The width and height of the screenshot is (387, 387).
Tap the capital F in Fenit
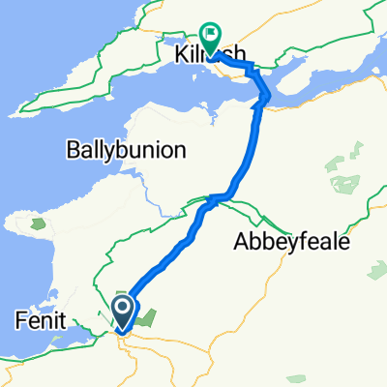[x=19, y=317]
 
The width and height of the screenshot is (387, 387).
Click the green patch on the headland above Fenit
[x=38, y=224]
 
